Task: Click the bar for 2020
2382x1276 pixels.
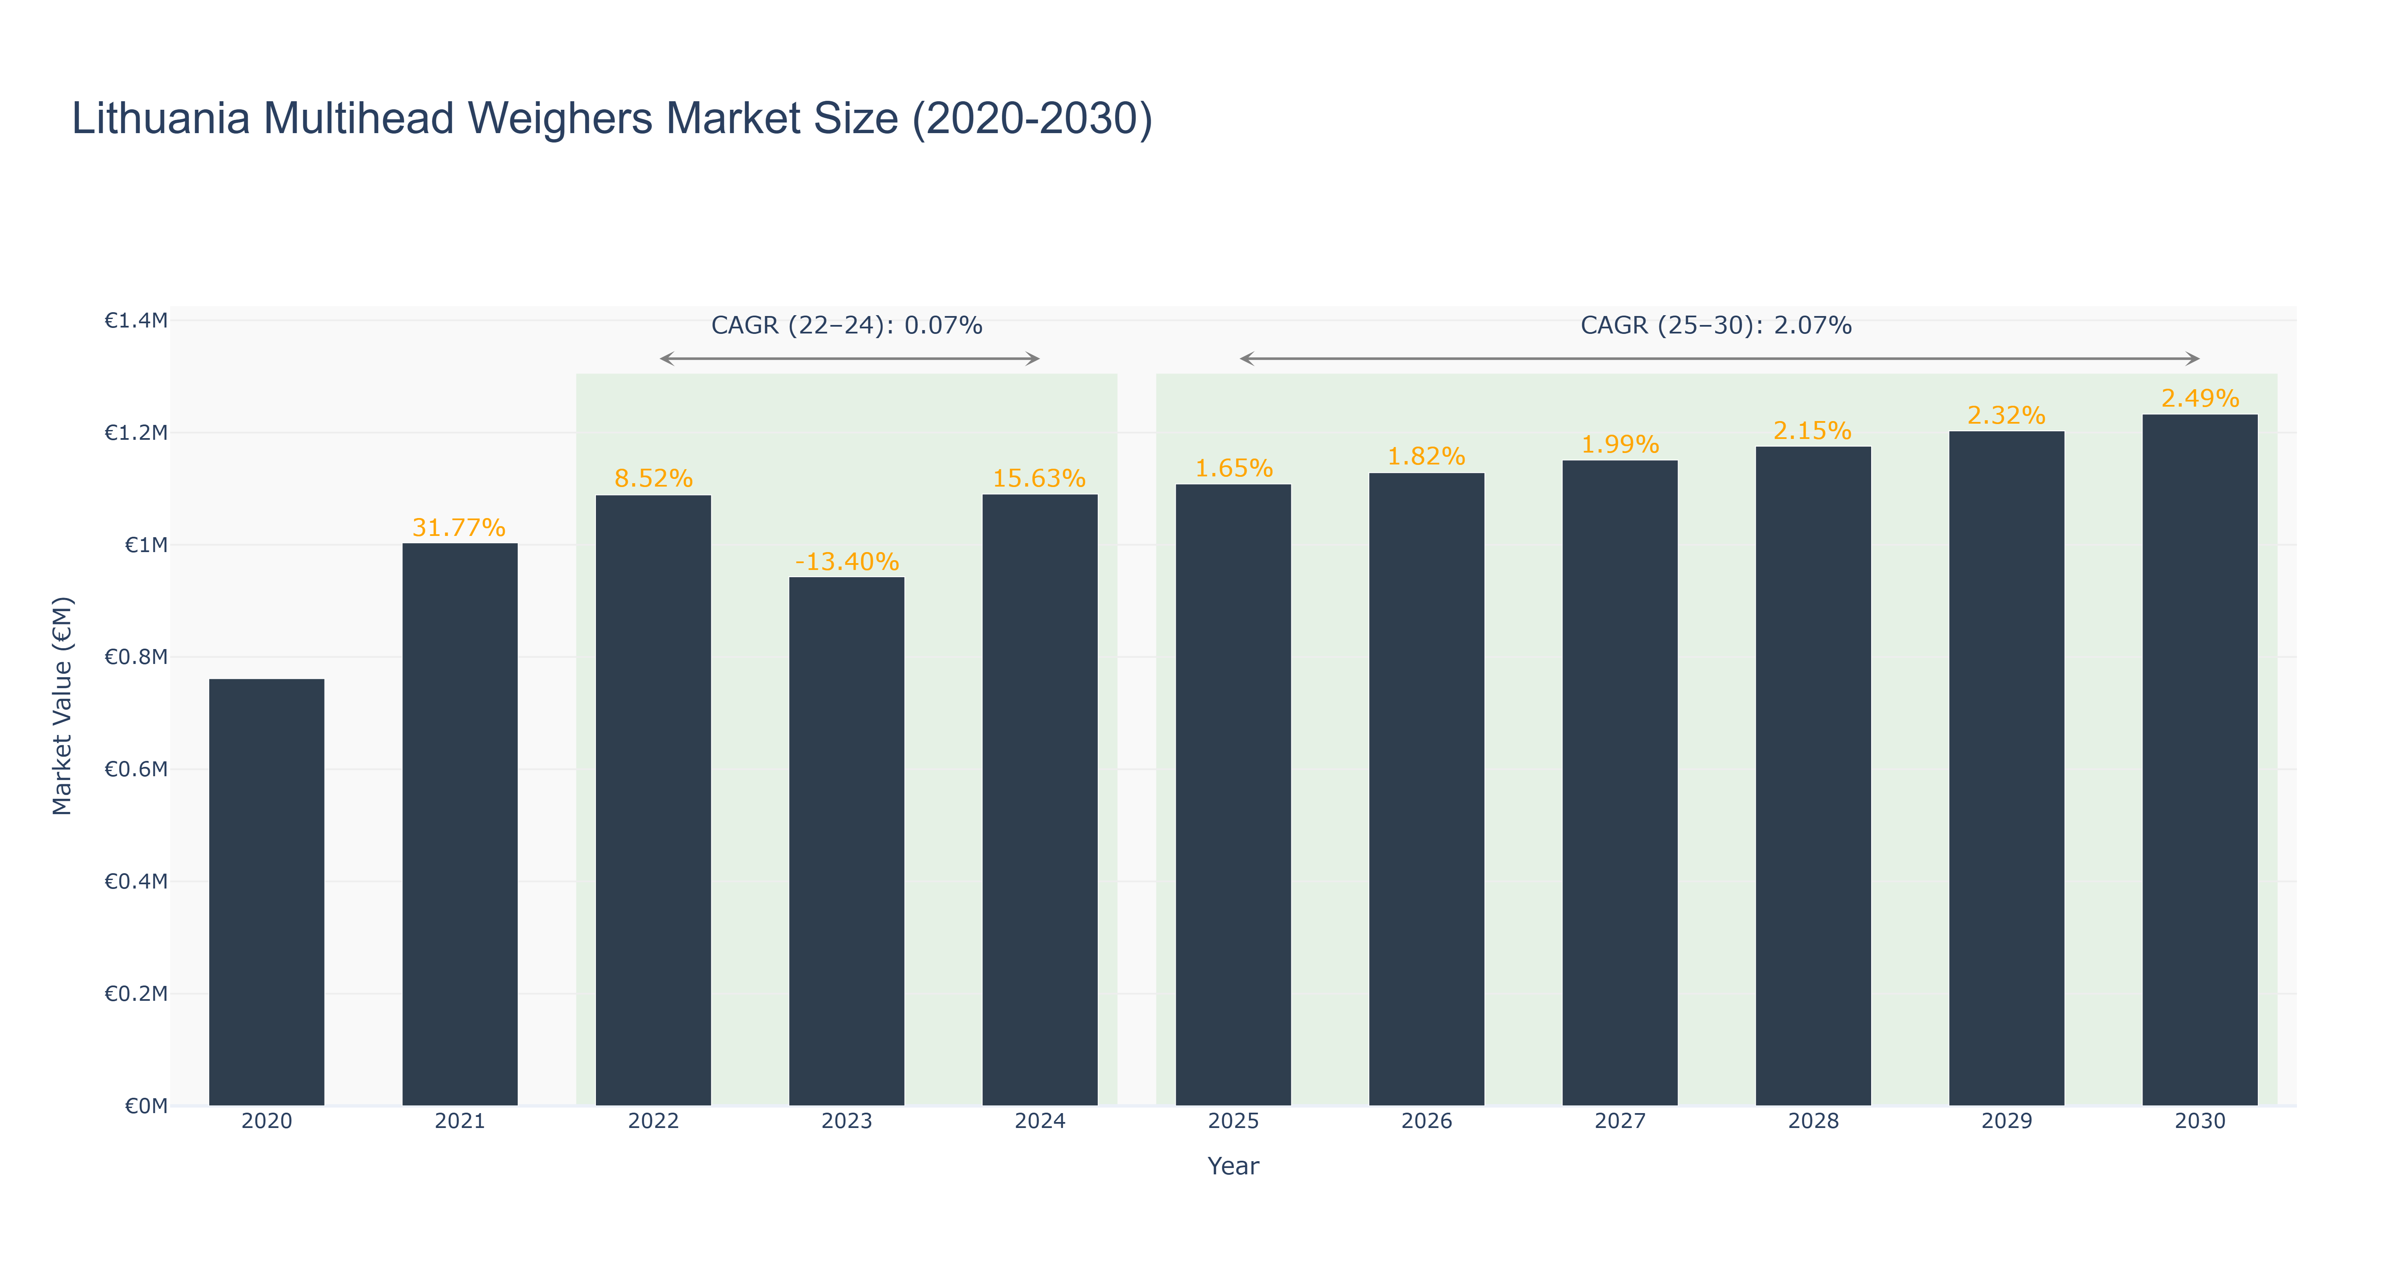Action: point(266,892)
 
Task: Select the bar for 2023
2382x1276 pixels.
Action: point(846,841)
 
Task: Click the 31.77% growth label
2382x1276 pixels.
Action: point(459,528)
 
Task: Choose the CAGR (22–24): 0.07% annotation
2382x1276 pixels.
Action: point(846,325)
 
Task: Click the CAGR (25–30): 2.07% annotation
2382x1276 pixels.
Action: point(1715,325)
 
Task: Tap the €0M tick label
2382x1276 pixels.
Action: point(146,1106)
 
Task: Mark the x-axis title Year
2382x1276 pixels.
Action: point(1233,1166)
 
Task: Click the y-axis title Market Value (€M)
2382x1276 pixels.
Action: point(62,706)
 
